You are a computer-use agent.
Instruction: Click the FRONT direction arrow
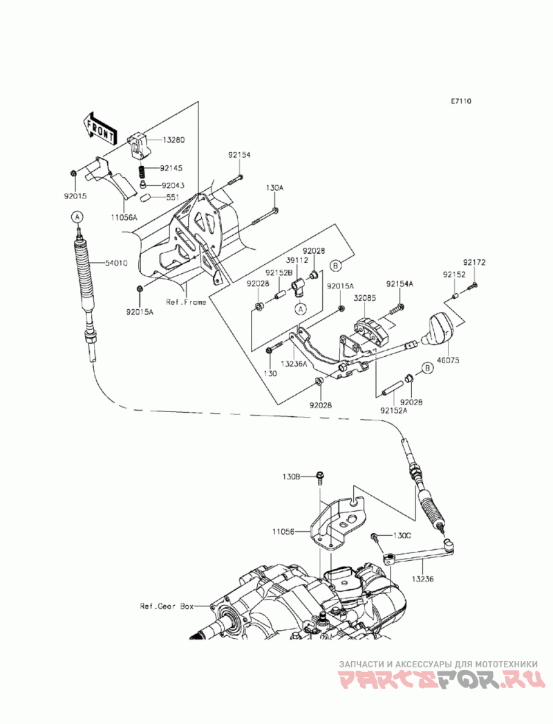(x=99, y=127)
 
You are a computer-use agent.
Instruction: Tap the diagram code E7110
(x=461, y=101)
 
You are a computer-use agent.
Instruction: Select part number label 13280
(x=173, y=140)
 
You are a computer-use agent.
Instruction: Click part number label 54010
(x=116, y=263)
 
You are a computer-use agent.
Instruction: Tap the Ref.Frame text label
(x=186, y=302)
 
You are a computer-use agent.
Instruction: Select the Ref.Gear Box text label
(x=167, y=606)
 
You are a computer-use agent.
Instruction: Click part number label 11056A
(x=124, y=216)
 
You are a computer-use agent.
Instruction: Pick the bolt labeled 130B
(x=319, y=478)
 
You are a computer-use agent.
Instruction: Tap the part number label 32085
(x=365, y=298)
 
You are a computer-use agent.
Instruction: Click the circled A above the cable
(x=77, y=216)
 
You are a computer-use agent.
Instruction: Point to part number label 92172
(x=475, y=263)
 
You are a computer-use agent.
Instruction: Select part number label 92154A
(x=400, y=284)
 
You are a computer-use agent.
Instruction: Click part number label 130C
(x=402, y=535)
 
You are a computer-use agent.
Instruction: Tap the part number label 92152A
(x=394, y=410)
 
